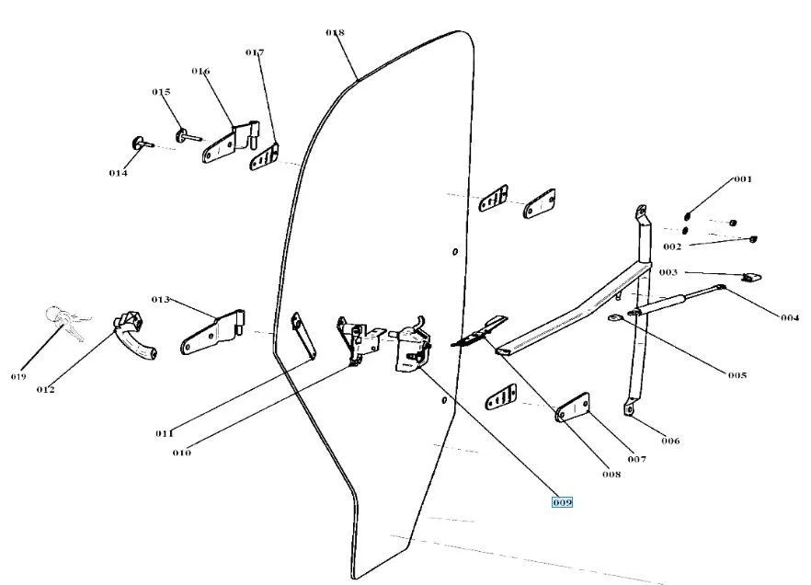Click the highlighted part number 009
pyautogui.click(x=562, y=502)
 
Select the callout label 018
pyautogui.click(x=335, y=32)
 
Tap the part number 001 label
pyautogui.click(x=742, y=179)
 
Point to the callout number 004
pyautogui.click(x=790, y=318)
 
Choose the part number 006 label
pyautogui.click(x=670, y=441)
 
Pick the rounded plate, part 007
pyautogui.click(x=573, y=407)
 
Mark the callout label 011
pyautogui.click(x=165, y=433)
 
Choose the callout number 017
pyautogui.click(x=255, y=52)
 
